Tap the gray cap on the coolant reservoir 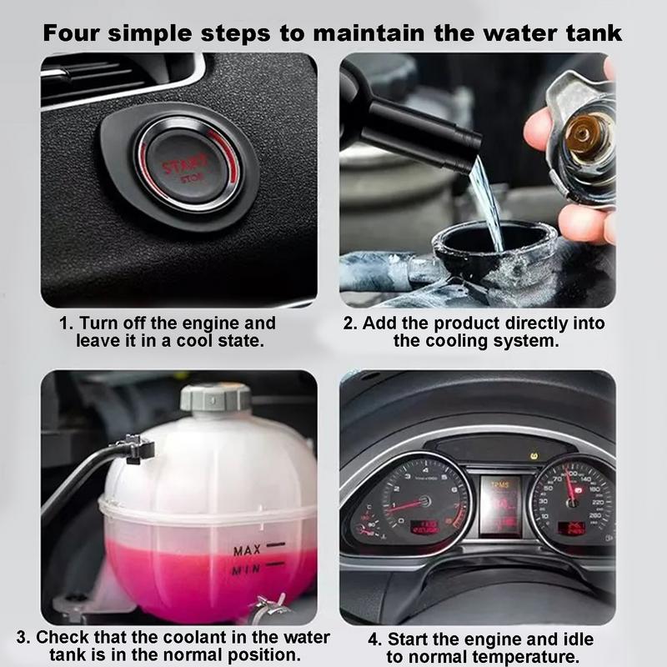pos(215,397)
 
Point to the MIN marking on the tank pos(248,569)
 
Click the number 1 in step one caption pos(63,323)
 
